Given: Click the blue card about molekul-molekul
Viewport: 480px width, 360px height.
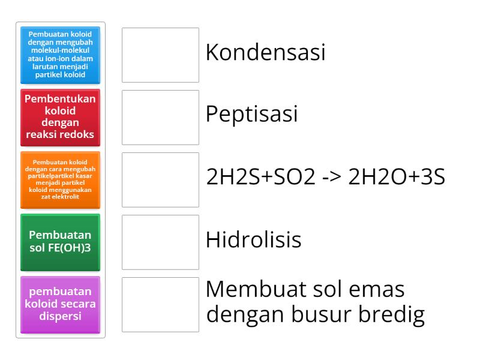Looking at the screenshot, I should coord(60,55).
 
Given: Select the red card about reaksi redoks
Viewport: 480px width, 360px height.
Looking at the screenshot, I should coord(60,117).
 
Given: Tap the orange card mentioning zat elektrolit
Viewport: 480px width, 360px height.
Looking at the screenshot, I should coord(60,179).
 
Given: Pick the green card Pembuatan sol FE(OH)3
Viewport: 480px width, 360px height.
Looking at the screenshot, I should coord(60,242).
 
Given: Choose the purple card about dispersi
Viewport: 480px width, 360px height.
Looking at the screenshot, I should coord(60,304).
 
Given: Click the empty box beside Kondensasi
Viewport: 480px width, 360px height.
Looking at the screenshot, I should coord(160,55).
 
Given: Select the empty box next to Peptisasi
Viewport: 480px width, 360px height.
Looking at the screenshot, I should coord(160,117).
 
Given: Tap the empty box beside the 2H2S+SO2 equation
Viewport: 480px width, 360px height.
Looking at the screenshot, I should coord(160,179).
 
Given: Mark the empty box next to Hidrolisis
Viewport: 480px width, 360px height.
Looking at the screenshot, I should coord(160,242).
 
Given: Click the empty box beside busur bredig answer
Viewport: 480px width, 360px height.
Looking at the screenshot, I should coord(160,304).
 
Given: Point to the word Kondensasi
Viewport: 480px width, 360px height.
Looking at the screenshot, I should coord(265,53).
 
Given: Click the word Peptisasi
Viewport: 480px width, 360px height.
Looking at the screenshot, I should coord(251,115).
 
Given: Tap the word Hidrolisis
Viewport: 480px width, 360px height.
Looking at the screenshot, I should coord(253,240).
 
